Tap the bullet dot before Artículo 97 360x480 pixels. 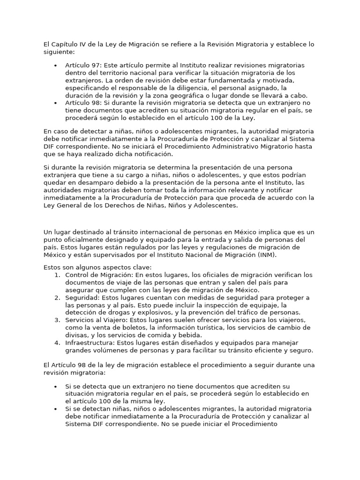point(56,66)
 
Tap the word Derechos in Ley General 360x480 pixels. point(110,205)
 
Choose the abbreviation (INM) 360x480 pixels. point(266,255)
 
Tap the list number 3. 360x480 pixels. point(57,320)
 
